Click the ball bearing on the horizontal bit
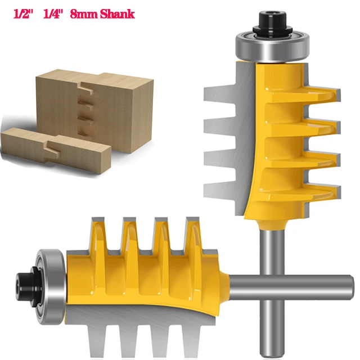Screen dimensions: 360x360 pyautogui.click(x=46, y=281)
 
